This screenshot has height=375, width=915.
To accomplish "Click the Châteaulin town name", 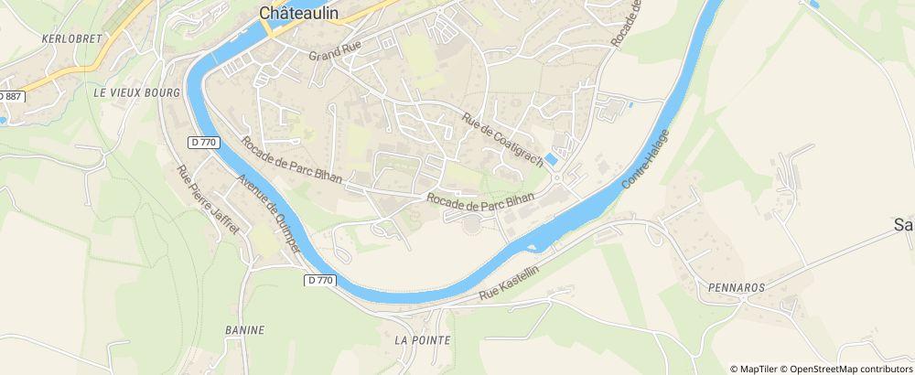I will (299, 13).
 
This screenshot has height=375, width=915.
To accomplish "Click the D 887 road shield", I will (9, 95).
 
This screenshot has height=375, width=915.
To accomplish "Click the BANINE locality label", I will (244, 329).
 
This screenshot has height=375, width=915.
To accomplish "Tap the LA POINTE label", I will (422, 339).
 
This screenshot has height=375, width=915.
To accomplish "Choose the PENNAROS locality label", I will (736, 286).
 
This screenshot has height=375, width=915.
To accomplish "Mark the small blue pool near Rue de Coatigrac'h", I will (552, 159).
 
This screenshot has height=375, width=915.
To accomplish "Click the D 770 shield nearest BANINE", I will (318, 281).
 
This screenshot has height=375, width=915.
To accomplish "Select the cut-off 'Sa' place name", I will (903, 225).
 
